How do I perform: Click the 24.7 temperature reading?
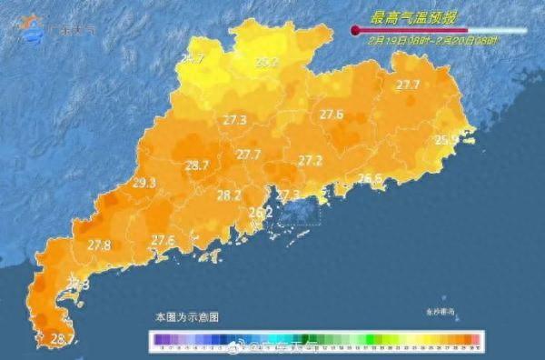tap(192, 59)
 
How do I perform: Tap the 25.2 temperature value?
tap(266, 63)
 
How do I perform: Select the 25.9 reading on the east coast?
tap(446, 140)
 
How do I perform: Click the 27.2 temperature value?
tap(311, 160)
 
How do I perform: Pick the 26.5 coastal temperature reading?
tap(369, 178)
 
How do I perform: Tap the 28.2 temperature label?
tap(229, 195)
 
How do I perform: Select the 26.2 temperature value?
tap(261, 212)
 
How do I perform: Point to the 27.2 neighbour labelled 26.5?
tap(369, 178)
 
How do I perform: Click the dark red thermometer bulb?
tap(356, 31)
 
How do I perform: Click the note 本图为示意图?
tap(186, 317)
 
